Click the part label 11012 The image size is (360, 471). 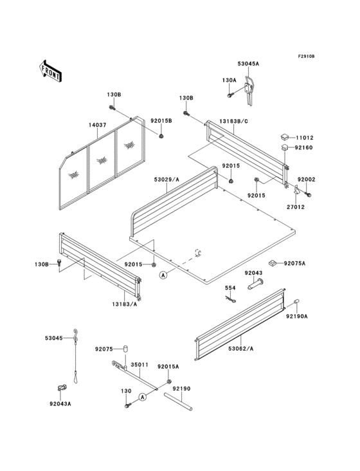[x=305, y=138]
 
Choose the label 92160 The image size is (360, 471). [x=303, y=148]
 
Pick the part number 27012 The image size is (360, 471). [x=296, y=208]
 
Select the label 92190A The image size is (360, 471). [x=297, y=317]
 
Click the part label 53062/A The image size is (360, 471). [x=240, y=348]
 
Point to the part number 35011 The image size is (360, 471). [x=139, y=364]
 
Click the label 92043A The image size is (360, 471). [x=59, y=404]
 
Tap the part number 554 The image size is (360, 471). [x=229, y=288]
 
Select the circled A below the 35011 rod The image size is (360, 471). [x=143, y=398]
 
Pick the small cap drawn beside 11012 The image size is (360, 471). [x=283, y=137]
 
